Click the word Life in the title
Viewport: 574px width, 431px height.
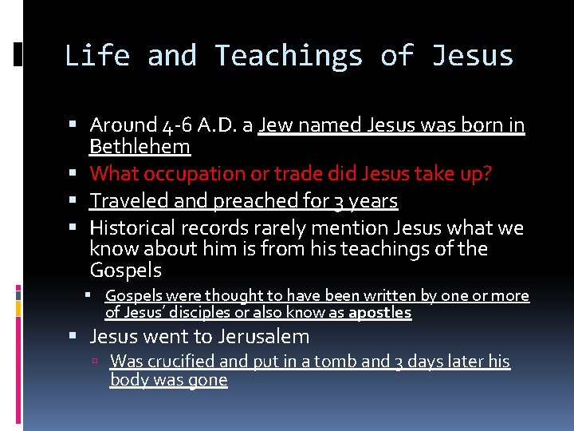point(96,56)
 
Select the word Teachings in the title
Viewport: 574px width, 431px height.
point(289,56)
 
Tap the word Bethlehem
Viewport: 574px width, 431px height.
point(140,147)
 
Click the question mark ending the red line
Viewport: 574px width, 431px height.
point(487,174)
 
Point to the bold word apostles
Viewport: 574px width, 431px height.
point(379,313)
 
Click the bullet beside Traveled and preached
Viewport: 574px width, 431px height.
point(73,201)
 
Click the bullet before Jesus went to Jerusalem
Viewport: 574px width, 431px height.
point(73,337)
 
